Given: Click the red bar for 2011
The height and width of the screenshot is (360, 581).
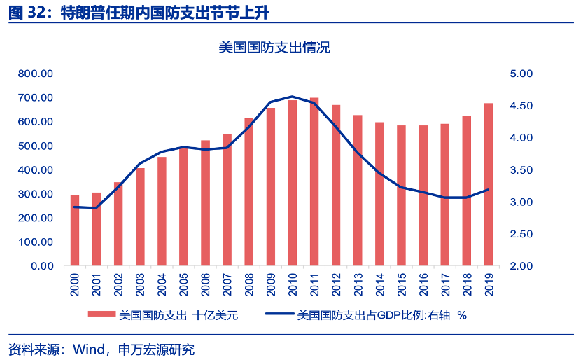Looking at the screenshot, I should pyautogui.click(x=314, y=182).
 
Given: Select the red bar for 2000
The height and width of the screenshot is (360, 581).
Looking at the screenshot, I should pyautogui.click(x=75, y=230).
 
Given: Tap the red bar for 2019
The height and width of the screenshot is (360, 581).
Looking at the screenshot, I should pyautogui.click(x=488, y=185).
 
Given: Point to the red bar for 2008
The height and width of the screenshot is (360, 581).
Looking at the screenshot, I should pyautogui.click(x=249, y=193).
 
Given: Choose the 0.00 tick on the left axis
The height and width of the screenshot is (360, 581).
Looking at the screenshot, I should pyautogui.click(x=42, y=267).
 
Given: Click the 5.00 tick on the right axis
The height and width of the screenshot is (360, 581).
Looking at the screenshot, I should pyautogui.click(x=521, y=74).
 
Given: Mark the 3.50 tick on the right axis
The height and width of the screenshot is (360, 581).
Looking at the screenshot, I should pyautogui.click(x=521, y=170).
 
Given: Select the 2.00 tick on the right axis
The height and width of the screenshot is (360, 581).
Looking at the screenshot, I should pyautogui.click(x=521, y=267).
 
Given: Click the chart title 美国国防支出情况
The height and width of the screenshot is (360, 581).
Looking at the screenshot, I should pyautogui.click(x=274, y=48).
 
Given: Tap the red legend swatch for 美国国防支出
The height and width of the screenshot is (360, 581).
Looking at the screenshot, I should pyautogui.click(x=101, y=315).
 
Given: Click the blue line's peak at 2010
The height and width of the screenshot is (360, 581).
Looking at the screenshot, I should pyautogui.click(x=293, y=97).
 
